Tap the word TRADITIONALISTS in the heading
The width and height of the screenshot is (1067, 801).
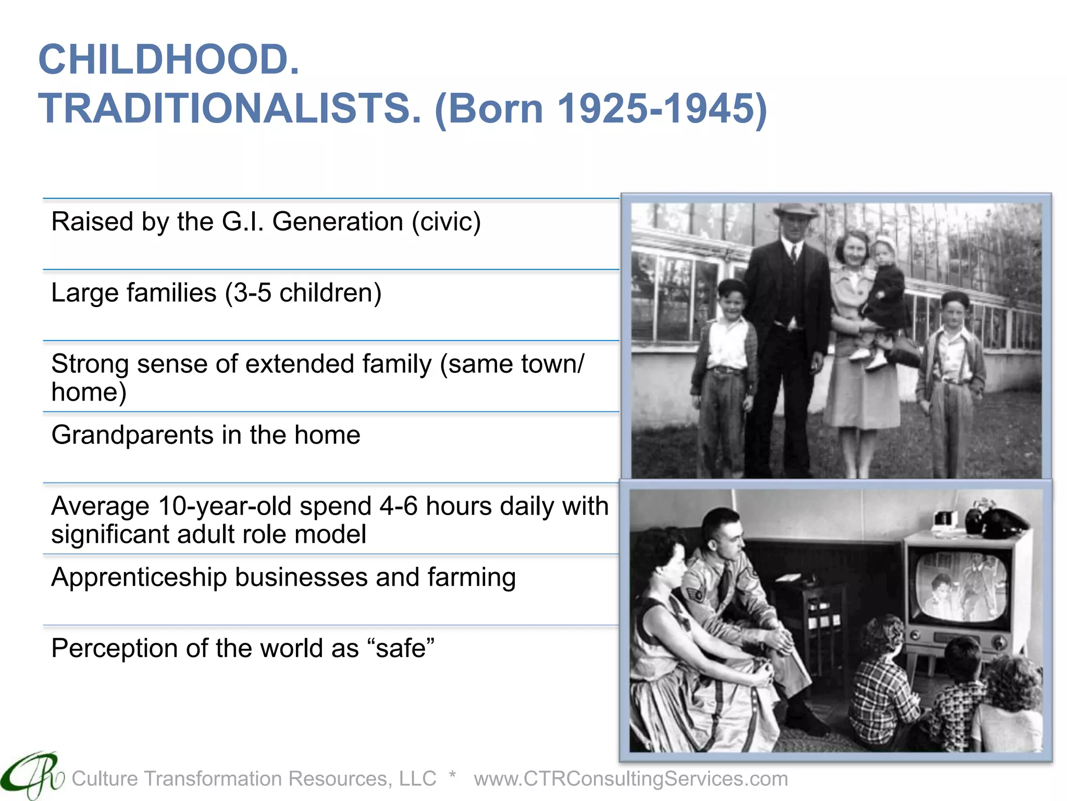point(229,108)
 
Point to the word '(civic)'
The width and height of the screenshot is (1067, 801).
point(446,222)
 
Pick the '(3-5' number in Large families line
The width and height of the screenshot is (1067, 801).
point(248,293)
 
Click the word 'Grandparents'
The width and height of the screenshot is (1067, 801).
point(132,435)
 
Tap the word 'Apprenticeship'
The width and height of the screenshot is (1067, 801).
point(139,578)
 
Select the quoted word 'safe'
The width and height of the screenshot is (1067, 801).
point(401,649)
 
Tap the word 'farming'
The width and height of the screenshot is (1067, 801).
point(472,578)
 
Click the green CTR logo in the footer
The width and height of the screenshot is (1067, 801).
point(31,776)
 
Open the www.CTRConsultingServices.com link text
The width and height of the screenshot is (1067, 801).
point(630,779)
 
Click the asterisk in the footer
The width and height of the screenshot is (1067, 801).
point(452,775)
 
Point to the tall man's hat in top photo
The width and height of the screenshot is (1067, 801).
point(795,210)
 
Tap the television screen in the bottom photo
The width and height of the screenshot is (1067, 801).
point(961,587)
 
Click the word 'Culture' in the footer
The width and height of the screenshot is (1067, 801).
point(105,779)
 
